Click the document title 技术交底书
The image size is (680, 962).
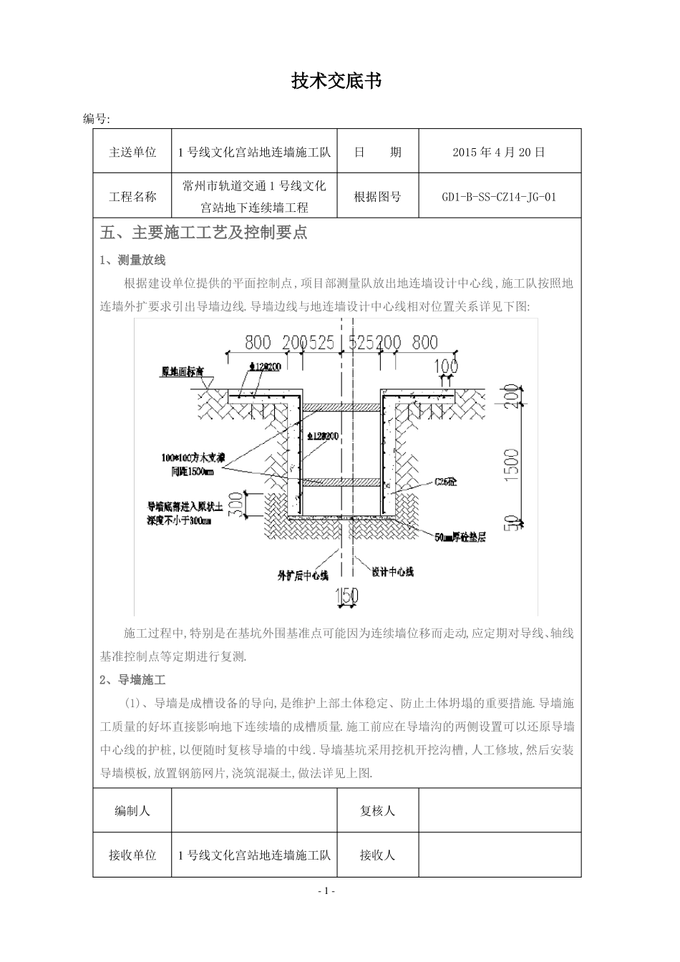pos(336,82)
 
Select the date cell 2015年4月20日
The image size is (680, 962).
pos(499,152)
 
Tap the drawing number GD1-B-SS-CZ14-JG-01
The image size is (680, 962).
pos(499,197)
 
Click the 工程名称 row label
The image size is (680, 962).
pos(132,197)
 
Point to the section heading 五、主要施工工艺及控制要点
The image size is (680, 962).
pos(205,233)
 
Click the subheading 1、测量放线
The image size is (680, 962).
pos(133,260)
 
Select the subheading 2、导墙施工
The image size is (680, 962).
pos(133,679)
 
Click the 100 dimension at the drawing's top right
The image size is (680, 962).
pos(445,366)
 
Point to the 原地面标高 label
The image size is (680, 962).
pos(183,372)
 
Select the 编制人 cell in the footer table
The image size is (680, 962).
pos(132,811)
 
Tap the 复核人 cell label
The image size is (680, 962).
pos(377,811)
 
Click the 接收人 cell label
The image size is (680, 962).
pos(377,855)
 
